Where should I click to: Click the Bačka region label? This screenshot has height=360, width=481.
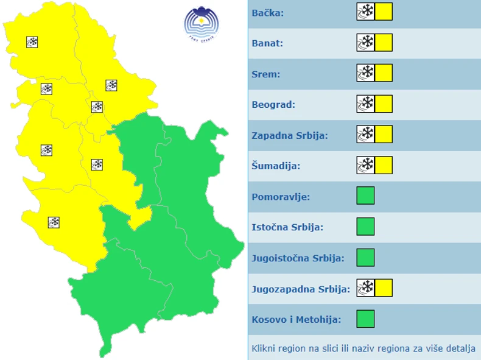268,12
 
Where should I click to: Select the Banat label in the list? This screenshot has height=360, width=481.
267,43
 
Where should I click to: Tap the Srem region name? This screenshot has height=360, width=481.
266,74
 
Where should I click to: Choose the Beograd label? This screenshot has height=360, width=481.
273,104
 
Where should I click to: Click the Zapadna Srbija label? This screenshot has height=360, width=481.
290,135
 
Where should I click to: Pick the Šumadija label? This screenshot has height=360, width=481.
276,165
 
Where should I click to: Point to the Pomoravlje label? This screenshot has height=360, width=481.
281,196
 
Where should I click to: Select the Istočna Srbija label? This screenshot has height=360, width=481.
287,227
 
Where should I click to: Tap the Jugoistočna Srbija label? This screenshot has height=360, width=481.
298,258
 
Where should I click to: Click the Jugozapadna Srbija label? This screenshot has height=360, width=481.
301,289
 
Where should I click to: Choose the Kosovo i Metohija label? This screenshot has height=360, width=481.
296,319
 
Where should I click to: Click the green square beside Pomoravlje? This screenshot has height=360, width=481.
365,196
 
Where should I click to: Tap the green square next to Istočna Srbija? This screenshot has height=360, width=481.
365,227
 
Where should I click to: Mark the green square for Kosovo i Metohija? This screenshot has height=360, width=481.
365,319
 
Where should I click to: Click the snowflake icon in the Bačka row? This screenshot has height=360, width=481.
366,12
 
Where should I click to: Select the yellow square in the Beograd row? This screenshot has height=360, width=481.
384,104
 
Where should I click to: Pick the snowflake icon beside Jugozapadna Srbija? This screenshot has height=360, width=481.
366,288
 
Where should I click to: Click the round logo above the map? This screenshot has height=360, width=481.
201,23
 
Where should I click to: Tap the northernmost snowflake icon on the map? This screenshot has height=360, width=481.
32,42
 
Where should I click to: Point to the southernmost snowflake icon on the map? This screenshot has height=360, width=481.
54,222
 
